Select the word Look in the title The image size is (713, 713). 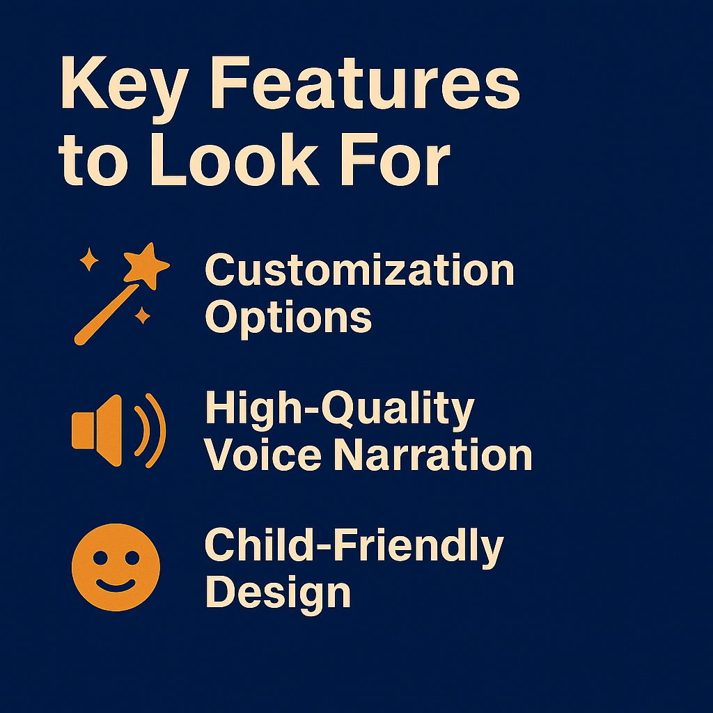(235, 159)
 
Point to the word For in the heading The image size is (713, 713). (395, 159)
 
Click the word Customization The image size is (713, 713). (359, 269)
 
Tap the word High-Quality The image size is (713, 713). (340, 409)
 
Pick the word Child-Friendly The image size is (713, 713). (354, 547)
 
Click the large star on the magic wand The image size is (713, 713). (146, 265)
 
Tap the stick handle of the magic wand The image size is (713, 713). (107, 315)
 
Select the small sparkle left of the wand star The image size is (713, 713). (88, 260)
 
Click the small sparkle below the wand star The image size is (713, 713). (142, 315)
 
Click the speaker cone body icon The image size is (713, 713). (97, 430)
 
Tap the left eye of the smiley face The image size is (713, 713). (100, 558)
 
